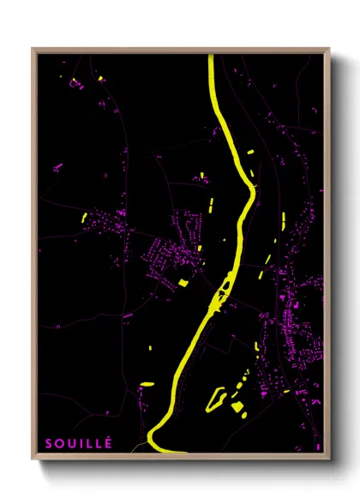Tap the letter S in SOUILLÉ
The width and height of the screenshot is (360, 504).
49,444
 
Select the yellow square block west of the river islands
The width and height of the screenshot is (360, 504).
183,281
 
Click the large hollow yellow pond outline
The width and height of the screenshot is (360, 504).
219,397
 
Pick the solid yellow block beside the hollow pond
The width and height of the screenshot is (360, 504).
237,407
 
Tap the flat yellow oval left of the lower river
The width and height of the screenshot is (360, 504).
147,384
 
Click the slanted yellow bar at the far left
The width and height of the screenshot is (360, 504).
86,218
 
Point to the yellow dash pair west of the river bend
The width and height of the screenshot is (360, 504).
210,206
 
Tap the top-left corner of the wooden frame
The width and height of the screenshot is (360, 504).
33,50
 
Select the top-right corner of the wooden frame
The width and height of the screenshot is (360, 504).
328,50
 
